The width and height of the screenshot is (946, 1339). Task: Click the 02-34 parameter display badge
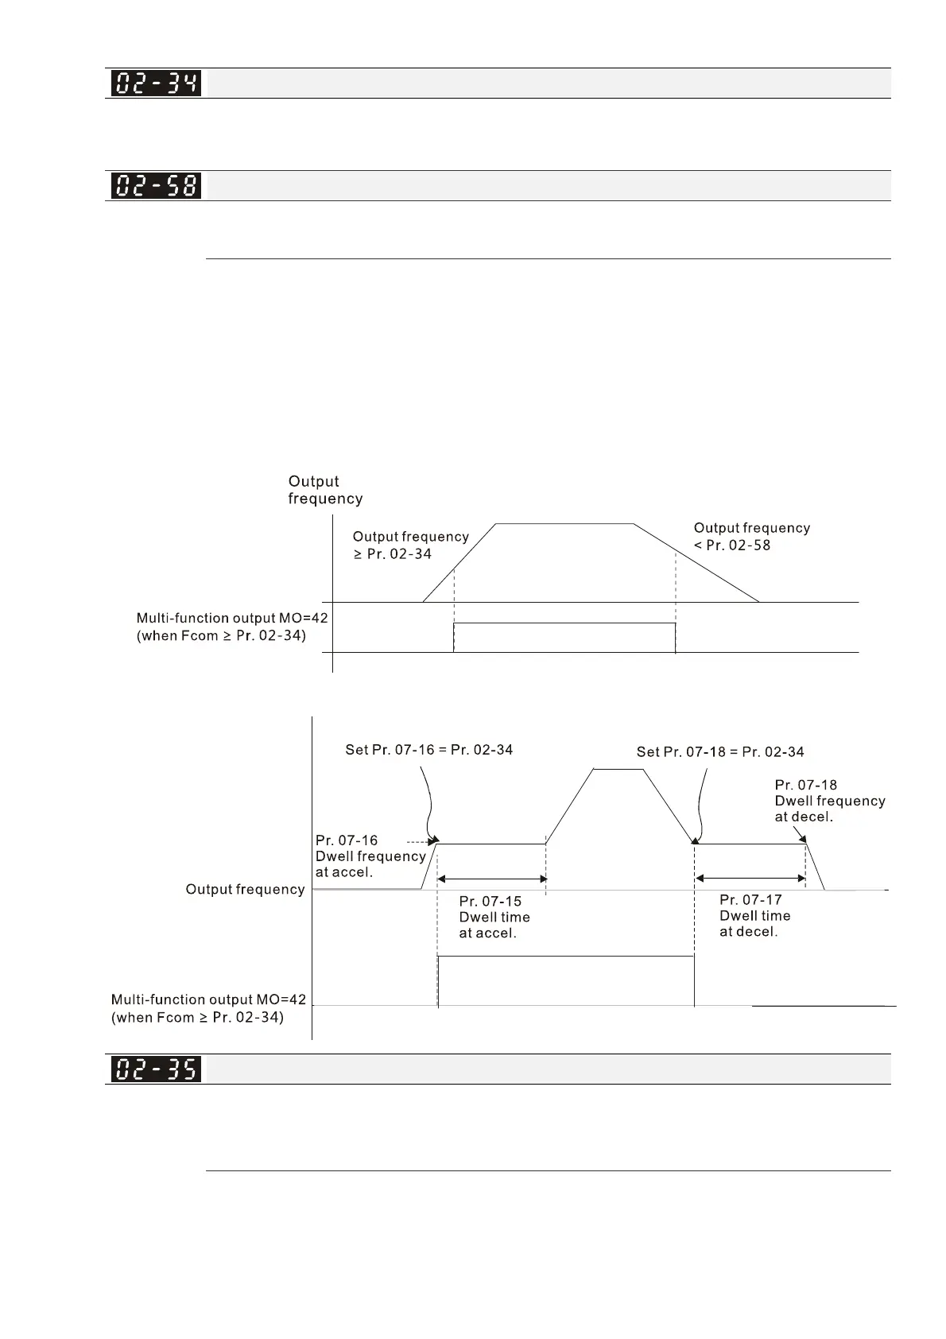click(x=156, y=83)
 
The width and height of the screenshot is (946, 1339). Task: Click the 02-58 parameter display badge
click(x=156, y=186)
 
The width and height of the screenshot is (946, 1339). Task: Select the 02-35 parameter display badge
click(x=156, y=1069)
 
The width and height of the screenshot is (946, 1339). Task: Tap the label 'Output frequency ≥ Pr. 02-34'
click(x=410, y=545)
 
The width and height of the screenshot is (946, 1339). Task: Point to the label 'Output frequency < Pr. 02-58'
click(x=751, y=537)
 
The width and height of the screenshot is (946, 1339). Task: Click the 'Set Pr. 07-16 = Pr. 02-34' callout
click(x=428, y=750)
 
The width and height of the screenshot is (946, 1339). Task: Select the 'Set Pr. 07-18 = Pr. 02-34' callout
click(x=719, y=752)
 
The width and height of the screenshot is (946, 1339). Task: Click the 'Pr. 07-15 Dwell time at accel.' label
click(x=494, y=918)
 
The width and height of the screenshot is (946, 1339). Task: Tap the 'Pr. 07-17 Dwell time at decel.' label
click(x=754, y=916)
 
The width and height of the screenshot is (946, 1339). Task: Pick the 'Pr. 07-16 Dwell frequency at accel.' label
click(x=370, y=856)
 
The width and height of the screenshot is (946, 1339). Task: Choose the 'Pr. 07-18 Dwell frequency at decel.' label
click(x=829, y=801)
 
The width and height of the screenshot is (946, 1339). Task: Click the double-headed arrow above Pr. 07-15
click(x=492, y=879)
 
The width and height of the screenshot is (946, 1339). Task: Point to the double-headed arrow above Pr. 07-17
click(x=750, y=879)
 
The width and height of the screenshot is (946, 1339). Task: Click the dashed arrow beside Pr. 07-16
click(x=420, y=840)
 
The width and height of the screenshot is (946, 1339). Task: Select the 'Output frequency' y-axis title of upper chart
click(x=325, y=490)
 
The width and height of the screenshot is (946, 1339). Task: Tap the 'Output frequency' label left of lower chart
click(x=245, y=890)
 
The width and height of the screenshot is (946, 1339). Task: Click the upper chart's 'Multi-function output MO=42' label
click(x=231, y=627)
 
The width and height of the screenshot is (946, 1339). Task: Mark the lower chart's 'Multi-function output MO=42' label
click(x=208, y=1008)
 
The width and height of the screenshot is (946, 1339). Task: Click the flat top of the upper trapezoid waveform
click(x=564, y=524)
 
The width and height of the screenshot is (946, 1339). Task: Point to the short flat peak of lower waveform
click(x=618, y=770)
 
